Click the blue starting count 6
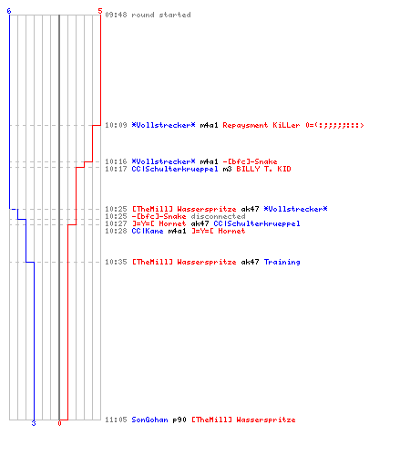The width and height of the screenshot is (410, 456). coord(9,11)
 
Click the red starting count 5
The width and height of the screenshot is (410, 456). coord(100,11)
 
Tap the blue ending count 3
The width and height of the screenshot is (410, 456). coord(34,423)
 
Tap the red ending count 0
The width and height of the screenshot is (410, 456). coord(59,423)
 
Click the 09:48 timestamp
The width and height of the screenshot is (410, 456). coord(116,15)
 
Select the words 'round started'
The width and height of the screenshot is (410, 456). coord(161,15)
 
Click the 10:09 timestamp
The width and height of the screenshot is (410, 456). coord(116,125)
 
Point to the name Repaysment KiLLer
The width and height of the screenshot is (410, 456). coord(261,125)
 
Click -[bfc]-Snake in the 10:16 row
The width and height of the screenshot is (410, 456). coord(250,161)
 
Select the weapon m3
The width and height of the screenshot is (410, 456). coord(227,169)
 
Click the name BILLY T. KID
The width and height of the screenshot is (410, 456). coord(263,169)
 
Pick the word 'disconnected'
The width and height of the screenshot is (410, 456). coord(218,216)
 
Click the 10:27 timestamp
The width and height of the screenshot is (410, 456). coord(116,223)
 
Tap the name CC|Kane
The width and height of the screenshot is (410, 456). coord(148,231)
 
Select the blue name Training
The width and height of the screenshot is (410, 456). coord(282,262)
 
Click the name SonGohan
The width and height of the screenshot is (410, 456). coord(149,420)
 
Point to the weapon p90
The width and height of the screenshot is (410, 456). coord(179,420)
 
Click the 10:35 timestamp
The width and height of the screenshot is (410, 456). coord(116,262)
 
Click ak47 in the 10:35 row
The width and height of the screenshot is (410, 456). coord(250,262)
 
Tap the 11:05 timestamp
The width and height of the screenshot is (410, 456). coord(116,420)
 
